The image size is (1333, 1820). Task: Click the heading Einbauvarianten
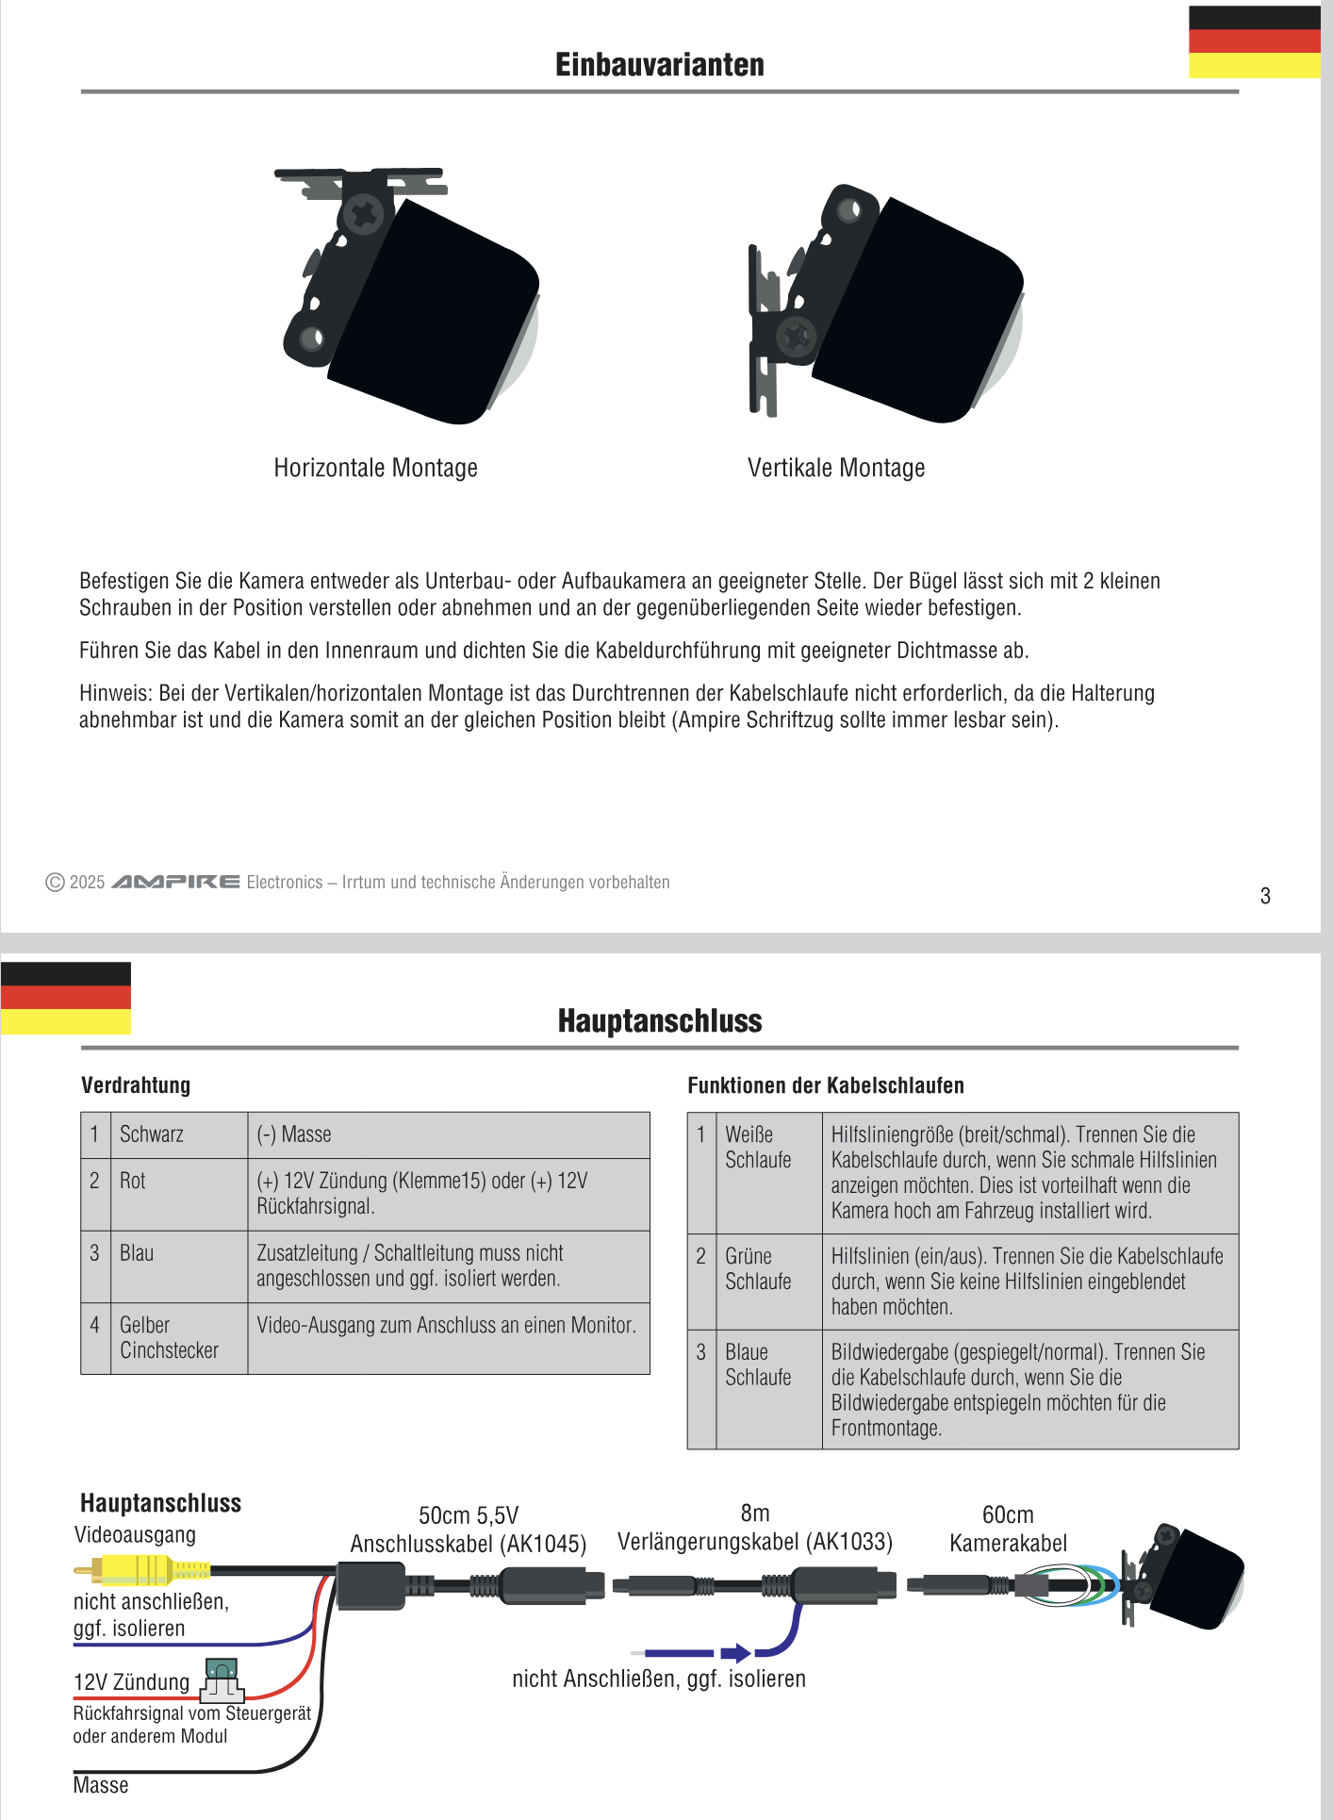pos(659,64)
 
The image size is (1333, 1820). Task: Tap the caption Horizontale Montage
pos(375,468)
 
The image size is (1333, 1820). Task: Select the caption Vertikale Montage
pos(835,468)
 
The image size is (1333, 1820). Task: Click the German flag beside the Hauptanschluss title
pos(66,998)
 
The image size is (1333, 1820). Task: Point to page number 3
pos(1265,896)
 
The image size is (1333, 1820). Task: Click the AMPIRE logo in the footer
pos(175,882)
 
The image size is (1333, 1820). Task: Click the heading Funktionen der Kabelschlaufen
pos(825,1085)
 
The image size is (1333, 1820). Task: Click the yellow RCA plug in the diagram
pos(141,1569)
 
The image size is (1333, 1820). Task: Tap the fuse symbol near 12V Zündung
pos(222,1679)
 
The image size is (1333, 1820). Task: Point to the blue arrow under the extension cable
pos(735,1652)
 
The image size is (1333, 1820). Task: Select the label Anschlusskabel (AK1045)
pos(468,1544)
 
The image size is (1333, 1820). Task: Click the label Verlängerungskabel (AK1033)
pos(754,1542)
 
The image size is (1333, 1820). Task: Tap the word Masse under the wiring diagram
pos(100,1785)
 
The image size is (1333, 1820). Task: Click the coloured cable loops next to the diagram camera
pos(1075,1584)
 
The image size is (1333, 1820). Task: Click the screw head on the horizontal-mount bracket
pos(362,215)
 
